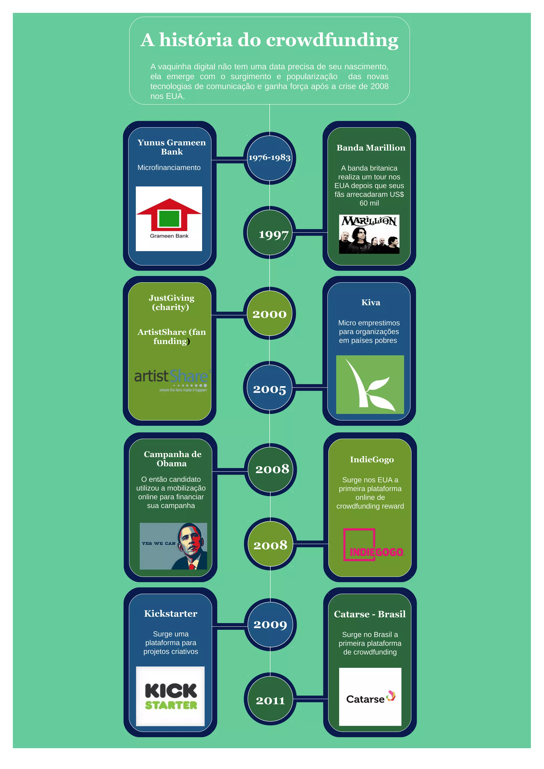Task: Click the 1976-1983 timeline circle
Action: click(x=269, y=158)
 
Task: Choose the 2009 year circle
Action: click(x=270, y=624)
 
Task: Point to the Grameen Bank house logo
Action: click(x=169, y=218)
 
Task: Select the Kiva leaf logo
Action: click(x=370, y=384)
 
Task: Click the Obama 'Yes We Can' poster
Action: click(x=173, y=546)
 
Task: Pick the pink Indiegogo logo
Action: click(x=373, y=545)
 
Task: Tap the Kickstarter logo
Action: click(x=170, y=696)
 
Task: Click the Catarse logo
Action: click(x=370, y=697)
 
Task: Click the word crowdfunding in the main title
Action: click(x=332, y=40)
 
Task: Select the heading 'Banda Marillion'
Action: click(x=371, y=148)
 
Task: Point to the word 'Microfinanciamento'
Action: click(x=169, y=168)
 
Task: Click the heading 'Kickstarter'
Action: click(x=171, y=614)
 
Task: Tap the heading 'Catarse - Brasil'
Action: click(x=369, y=614)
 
